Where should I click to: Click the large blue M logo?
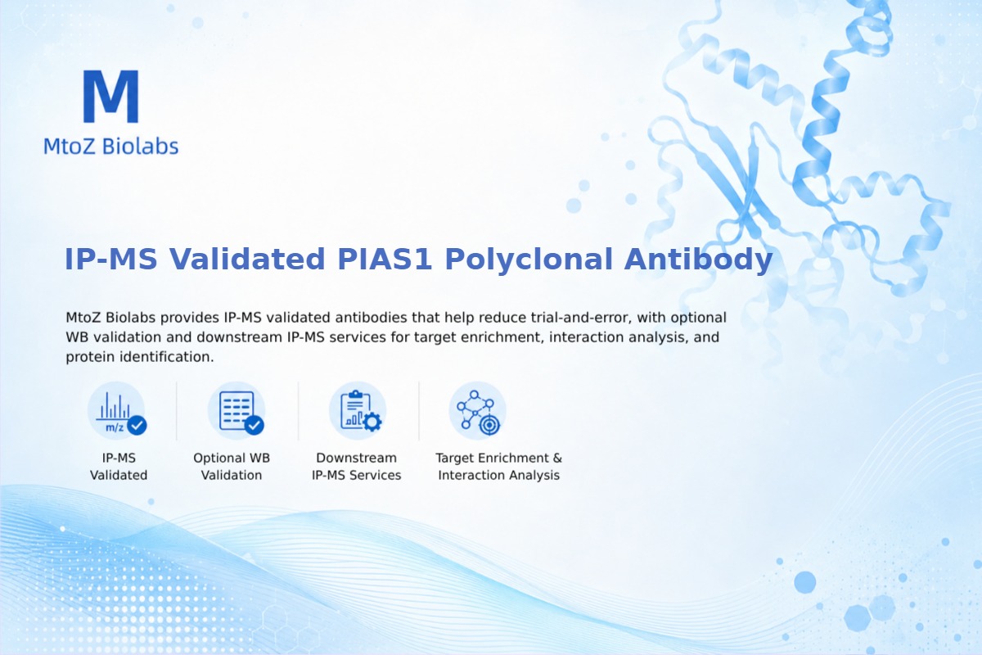tap(111, 96)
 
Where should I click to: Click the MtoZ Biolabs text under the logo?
tap(111, 146)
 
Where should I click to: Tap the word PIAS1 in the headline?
tap(385, 259)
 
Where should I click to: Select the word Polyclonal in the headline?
tap(529, 260)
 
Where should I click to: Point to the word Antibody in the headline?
tap(698, 260)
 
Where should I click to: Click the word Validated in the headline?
tap(247, 259)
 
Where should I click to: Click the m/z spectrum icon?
tap(117, 412)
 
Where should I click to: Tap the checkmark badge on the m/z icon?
tap(137, 425)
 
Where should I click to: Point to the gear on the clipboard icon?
tap(372, 422)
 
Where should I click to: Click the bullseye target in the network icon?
tap(489, 425)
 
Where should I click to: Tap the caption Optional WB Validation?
tap(232, 467)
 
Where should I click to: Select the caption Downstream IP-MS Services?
tap(357, 467)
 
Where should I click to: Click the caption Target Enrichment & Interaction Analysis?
tap(499, 467)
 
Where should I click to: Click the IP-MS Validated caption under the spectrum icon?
tap(119, 467)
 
